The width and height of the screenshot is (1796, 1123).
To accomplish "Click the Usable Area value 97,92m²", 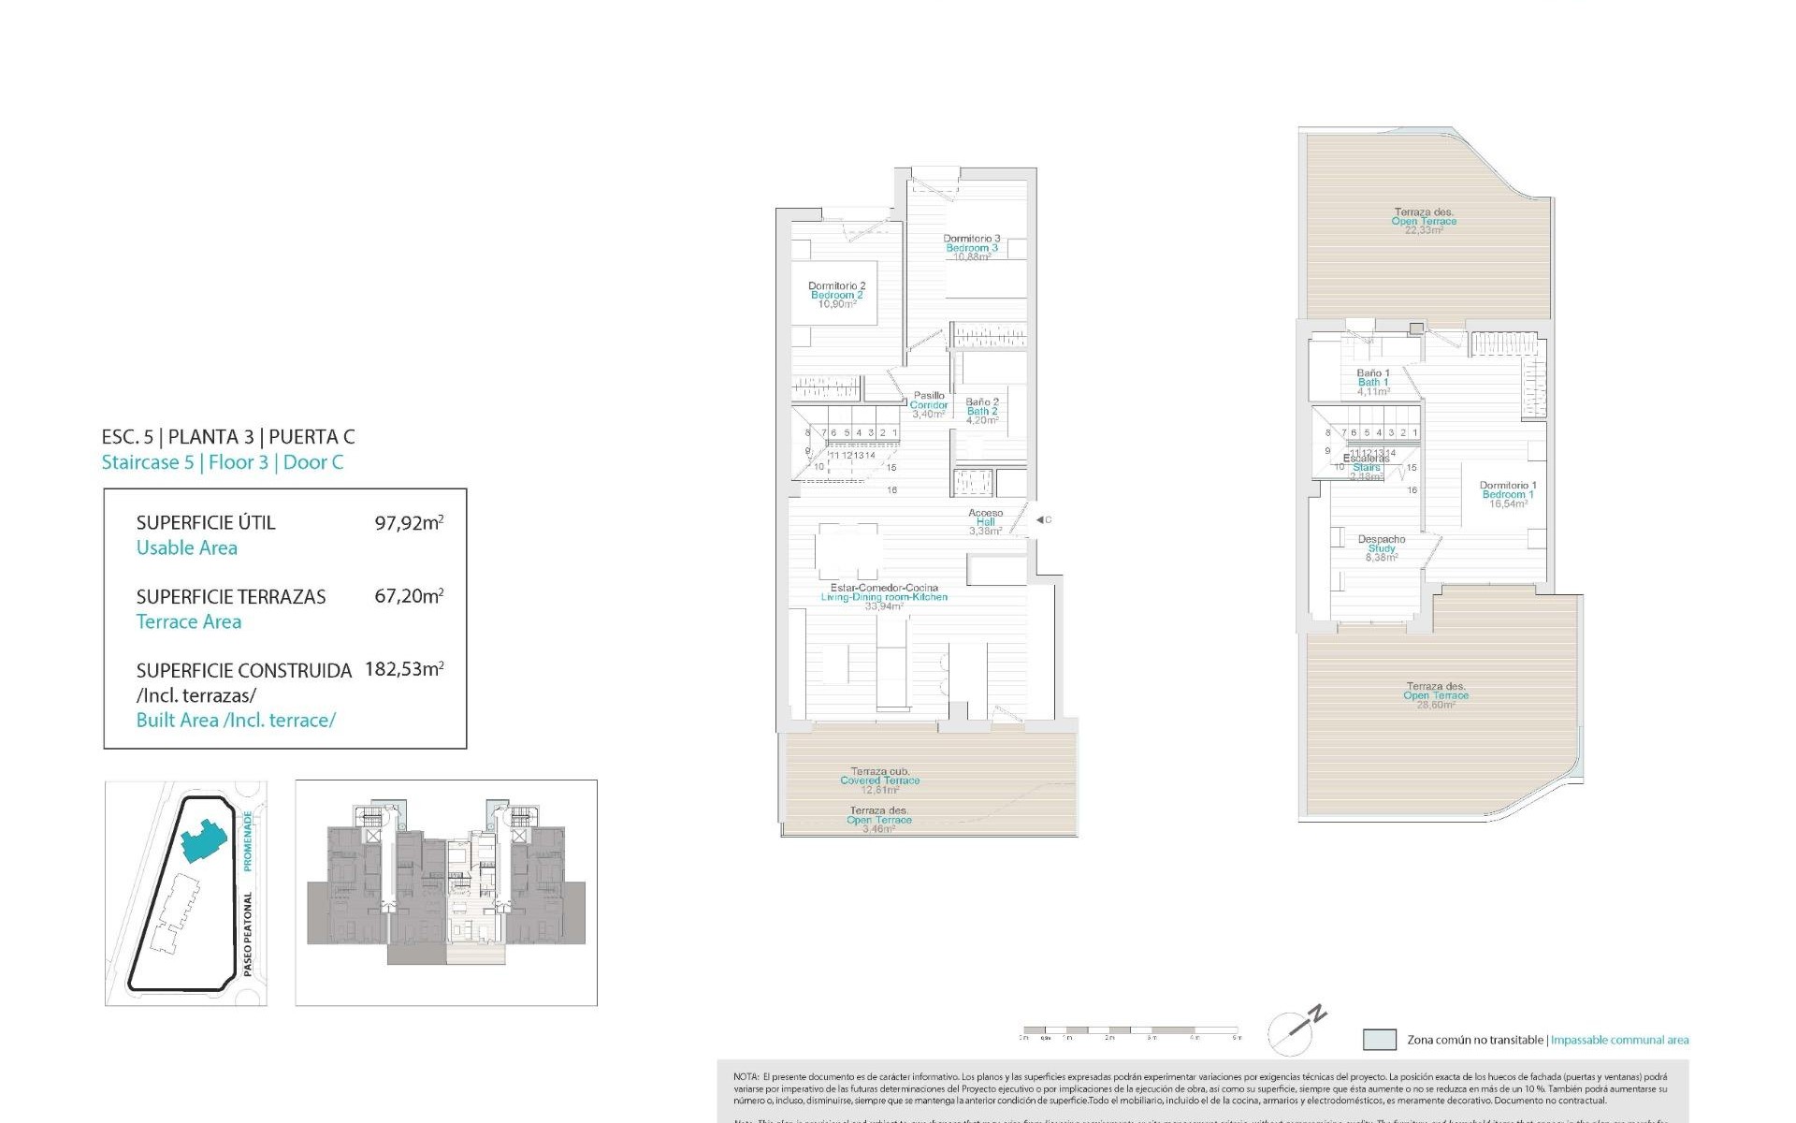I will tap(409, 522).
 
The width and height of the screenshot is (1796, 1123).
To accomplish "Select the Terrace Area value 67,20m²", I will tap(409, 595).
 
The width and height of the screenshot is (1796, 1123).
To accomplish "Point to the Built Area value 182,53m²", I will tap(404, 669).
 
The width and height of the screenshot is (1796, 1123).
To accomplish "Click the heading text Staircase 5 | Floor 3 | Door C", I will tap(223, 462).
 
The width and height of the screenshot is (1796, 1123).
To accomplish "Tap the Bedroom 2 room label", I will tap(836, 295).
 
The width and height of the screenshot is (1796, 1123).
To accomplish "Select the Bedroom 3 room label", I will tap(971, 248).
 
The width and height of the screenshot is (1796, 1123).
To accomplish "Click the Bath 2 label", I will tap(981, 411).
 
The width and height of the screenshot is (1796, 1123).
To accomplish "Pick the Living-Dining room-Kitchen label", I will tap(883, 597).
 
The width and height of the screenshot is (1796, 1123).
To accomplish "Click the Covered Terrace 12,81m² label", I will tap(879, 780).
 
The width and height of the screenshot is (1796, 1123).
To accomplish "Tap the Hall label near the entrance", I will tap(985, 522).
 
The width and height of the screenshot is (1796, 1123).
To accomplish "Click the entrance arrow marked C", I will tap(1042, 520).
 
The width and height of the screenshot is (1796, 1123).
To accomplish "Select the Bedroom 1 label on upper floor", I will tap(1507, 494).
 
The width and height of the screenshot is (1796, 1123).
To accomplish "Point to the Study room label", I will tap(1381, 548).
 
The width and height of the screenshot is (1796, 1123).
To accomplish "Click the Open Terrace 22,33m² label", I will tap(1423, 221).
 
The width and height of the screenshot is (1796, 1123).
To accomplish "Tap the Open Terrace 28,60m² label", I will tap(1435, 695).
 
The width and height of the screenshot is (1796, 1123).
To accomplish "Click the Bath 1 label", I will tap(1372, 382).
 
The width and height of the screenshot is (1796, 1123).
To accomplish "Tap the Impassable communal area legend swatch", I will tap(1379, 1040).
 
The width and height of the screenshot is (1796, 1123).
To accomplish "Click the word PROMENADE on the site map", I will tap(248, 840).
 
